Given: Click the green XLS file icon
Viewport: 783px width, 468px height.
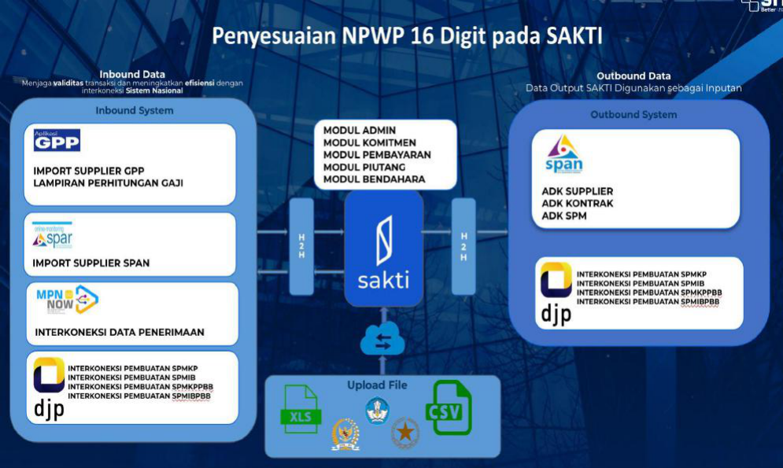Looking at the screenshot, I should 300,409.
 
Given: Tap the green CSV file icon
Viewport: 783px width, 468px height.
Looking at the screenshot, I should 448,407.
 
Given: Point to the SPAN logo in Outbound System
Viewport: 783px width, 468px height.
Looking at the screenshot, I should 563,154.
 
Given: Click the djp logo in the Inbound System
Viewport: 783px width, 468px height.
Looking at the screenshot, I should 49,385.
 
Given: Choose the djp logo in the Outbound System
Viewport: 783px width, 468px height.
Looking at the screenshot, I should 556,292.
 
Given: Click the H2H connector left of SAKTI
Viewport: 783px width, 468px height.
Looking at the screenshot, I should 301,246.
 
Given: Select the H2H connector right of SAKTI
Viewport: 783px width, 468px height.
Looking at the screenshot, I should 464,246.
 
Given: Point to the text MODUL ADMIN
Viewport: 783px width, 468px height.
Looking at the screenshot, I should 359,130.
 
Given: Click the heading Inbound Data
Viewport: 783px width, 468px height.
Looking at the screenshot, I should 132,75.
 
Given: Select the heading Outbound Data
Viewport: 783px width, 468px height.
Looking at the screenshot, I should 633,76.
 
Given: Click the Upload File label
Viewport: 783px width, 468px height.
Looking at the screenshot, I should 377,385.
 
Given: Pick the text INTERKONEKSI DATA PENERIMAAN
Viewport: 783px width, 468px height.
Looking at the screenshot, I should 120,332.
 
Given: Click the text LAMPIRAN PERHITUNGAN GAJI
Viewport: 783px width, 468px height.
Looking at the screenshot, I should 108,182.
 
